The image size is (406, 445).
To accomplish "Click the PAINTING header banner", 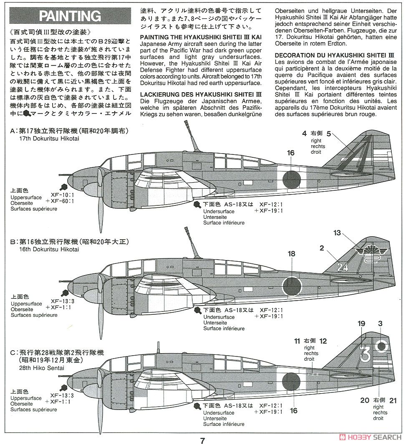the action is [x=70, y=16].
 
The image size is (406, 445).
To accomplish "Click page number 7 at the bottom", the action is [x=203, y=440].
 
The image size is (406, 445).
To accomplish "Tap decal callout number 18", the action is [x=291, y=254].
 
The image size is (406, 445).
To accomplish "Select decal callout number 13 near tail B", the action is [x=337, y=233].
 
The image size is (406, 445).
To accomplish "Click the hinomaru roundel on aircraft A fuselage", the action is [x=292, y=179].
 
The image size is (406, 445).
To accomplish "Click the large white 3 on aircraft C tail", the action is [x=365, y=353].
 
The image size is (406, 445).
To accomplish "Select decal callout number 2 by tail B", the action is [x=322, y=248].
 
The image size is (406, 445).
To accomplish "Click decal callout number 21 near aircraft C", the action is [x=392, y=400].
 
